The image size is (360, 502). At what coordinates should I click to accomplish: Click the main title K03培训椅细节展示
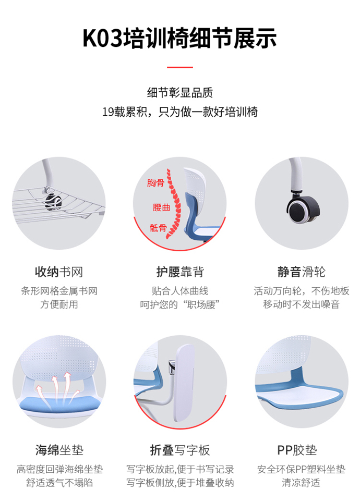(179, 38)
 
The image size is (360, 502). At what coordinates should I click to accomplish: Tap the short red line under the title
(179, 67)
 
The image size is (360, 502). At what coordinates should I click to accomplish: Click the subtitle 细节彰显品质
(179, 93)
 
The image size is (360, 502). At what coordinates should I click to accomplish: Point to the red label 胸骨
(155, 183)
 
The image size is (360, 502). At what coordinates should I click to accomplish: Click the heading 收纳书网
(58, 272)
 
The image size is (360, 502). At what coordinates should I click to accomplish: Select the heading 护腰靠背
(179, 272)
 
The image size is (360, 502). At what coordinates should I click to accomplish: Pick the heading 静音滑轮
(301, 272)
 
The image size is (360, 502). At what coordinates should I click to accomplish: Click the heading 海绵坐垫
(58, 449)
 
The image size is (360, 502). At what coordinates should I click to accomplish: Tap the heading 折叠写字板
(179, 449)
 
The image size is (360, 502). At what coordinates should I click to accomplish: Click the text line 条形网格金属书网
(58, 291)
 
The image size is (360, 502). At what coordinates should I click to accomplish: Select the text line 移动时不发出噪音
(301, 304)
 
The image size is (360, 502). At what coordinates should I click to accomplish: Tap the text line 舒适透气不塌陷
(59, 483)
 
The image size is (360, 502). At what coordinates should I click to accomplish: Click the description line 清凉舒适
(301, 483)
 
